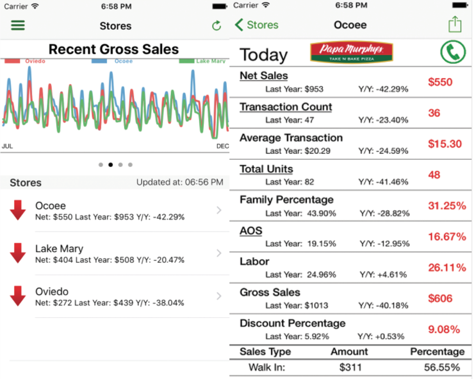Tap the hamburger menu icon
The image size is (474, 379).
click(x=18, y=25)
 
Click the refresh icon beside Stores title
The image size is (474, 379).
click(x=216, y=26)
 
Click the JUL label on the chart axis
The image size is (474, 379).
click(x=7, y=146)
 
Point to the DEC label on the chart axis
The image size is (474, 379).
click(x=223, y=146)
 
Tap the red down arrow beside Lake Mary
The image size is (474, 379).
click(x=18, y=253)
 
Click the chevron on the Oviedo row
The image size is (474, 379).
click(x=219, y=296)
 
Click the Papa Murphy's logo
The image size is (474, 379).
click(x=351, y=52)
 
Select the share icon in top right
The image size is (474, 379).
click(x=455, y=24)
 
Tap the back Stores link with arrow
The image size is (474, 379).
click(x=257, y=25)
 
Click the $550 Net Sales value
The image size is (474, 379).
click(x=440, y=82)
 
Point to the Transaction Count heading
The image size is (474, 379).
click(x=286, y=107)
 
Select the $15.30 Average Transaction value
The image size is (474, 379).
click(x=445, y=144)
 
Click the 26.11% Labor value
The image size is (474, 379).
click(x=447, y=268)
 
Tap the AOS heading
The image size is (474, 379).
click(x=251, y=231)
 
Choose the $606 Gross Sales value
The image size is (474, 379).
click(x=440, y=298)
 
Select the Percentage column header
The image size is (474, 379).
click(x=437, y=352)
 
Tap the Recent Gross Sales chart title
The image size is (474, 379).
click(x=114, y=49)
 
